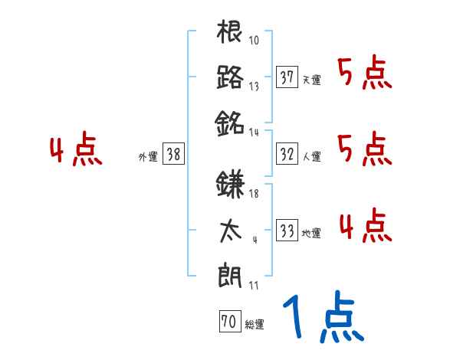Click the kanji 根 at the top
(x=230, y=33)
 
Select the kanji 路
(x=230, y=77)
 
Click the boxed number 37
(x=287, y=77)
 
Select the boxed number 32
(x=287, y=154)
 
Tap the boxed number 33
(x=287, y=231)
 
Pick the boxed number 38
(x=173, y=154)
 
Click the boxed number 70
(x=228, y=322)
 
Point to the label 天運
(x=311, y=80)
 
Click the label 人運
(x=311, y=157)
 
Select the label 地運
(x=311, y=234)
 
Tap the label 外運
(x=148, y=157)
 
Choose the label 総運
(x=254, y=325)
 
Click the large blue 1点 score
(x=322, y=318)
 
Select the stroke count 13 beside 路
(x=255, y=86)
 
